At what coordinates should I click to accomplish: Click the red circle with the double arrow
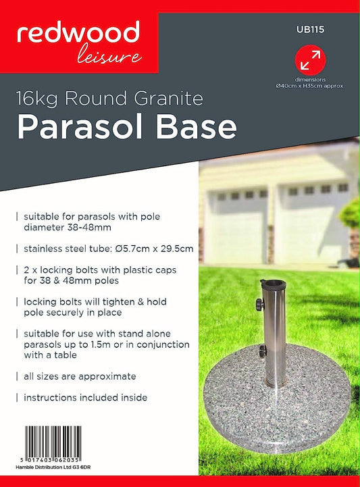pyautogui.click(x=310, y=59)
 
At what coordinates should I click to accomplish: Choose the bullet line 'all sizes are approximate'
pyautogui.click(x=80, y=376)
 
